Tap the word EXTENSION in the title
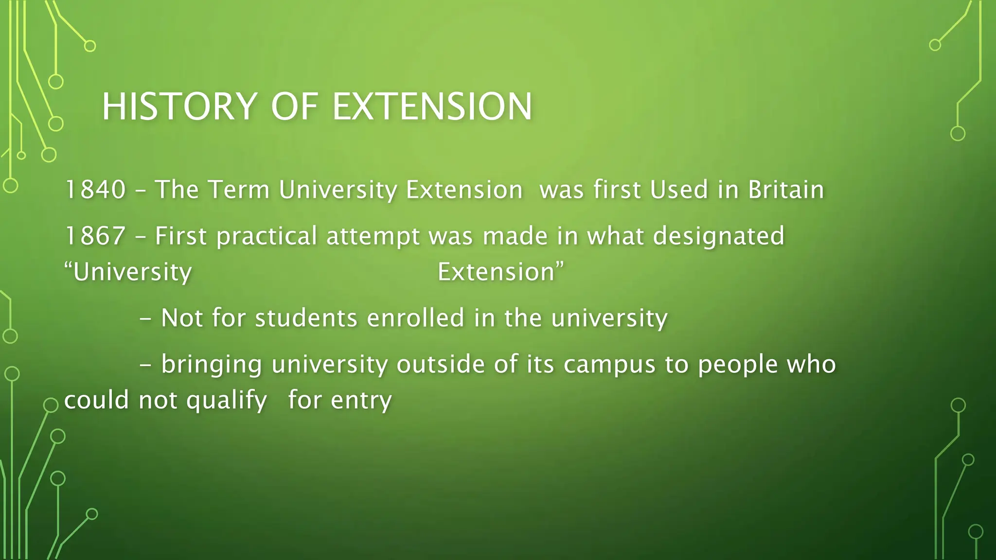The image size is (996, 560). [x=432, y=106]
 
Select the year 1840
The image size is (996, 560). [x=95, y=189]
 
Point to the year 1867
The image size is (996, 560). [x=95, y=236]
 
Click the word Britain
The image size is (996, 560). [x=786, y=189]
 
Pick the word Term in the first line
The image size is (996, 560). [x=239, y=189]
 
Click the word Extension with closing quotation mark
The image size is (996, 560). [x=501, y=272]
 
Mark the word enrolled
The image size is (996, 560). [x=416, y=318]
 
